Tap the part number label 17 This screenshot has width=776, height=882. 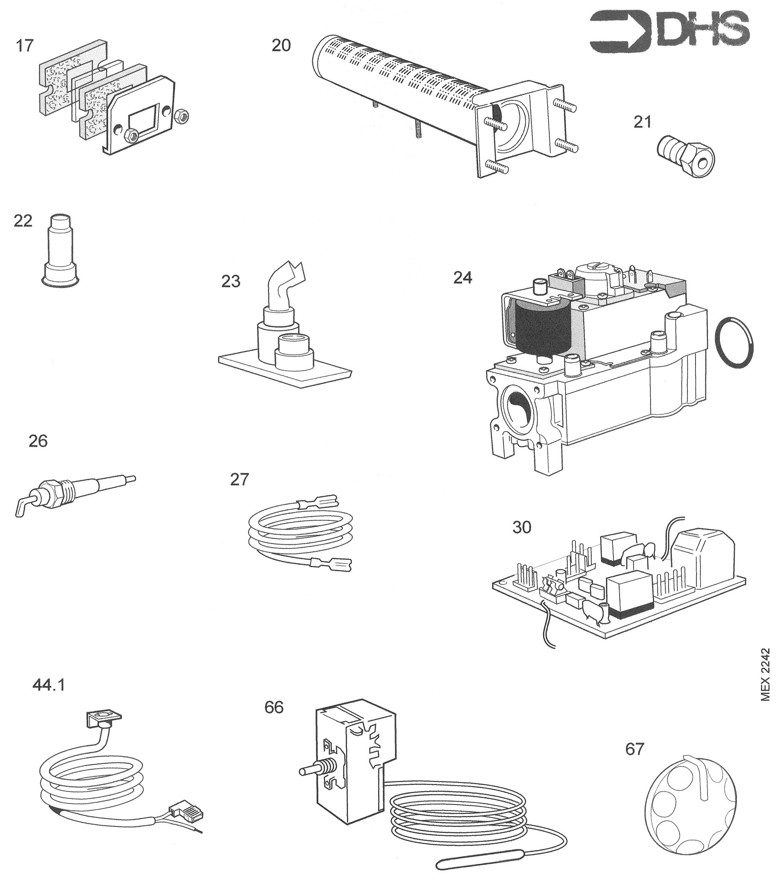[25, 45]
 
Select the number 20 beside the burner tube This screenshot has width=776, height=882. [281, 45]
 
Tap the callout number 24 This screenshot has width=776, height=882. [462, 278]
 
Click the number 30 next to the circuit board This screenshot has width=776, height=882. [521, 527]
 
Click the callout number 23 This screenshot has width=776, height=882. [231, 281]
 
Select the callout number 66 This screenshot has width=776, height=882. [274, 707]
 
